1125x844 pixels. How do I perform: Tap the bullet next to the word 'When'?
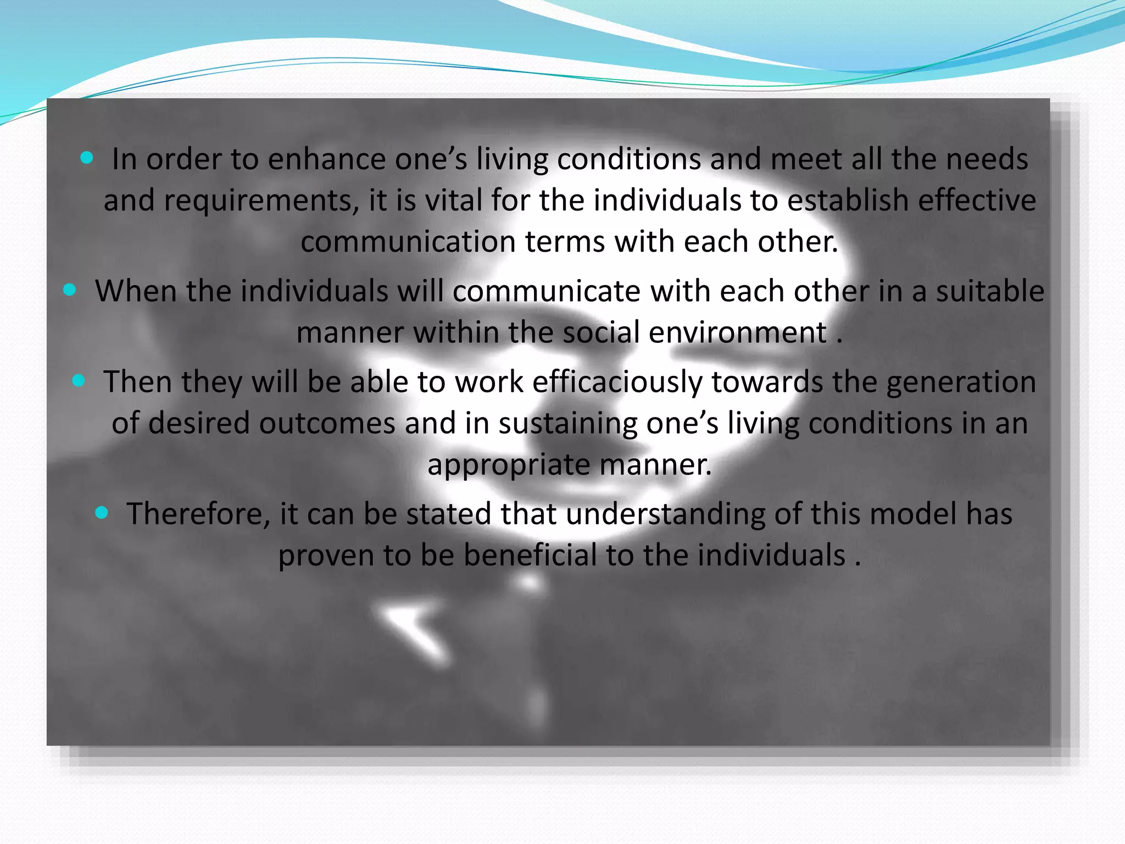coord(70,290)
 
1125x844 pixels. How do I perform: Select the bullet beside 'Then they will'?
coord(79,380)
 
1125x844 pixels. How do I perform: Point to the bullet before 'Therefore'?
coord(102,513)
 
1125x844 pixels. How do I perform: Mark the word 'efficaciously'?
coord(617,382)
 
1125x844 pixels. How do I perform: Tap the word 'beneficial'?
coord(530,555)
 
